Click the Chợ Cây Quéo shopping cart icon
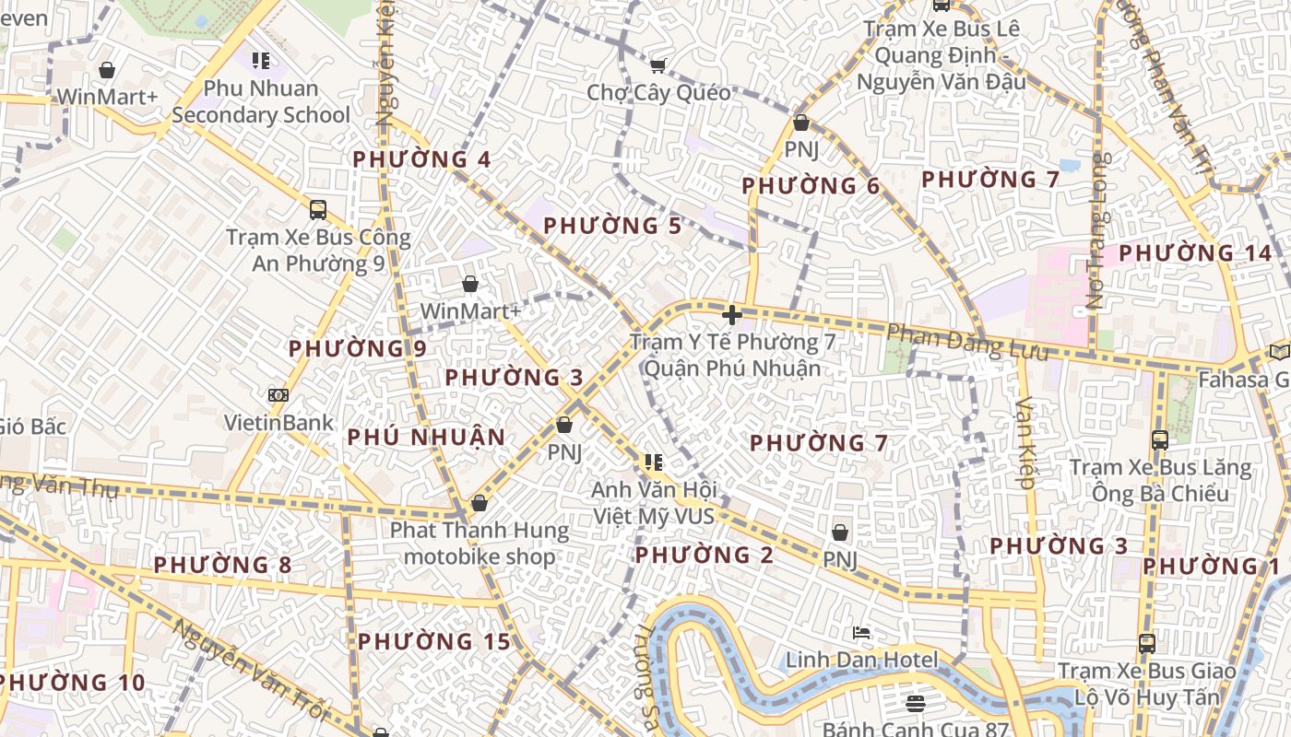(x=657, y=65)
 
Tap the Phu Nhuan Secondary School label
(x=261, y=101)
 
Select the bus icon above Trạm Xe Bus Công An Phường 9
(x=318, y=210)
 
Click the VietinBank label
(x=278, y=423)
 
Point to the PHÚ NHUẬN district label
(x=426, y=438)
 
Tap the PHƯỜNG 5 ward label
(x=611, y=226)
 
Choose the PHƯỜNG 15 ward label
(x=433, y=642)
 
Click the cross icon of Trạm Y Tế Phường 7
(x=732, y=315)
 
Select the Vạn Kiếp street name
(x=1025, y=442)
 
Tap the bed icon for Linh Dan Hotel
(x=861, y=633)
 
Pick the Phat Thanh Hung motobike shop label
(x=480, y=544)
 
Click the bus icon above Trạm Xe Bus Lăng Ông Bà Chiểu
(x=1160, y=440)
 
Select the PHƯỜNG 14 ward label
(x=1195, y=253)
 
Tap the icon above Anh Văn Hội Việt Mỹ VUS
(x=654, y=462)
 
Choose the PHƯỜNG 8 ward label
(x=222, y=565)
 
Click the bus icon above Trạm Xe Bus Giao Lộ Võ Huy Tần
(x=1147, y=643)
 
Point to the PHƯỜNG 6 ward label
(x=811, y=186)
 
